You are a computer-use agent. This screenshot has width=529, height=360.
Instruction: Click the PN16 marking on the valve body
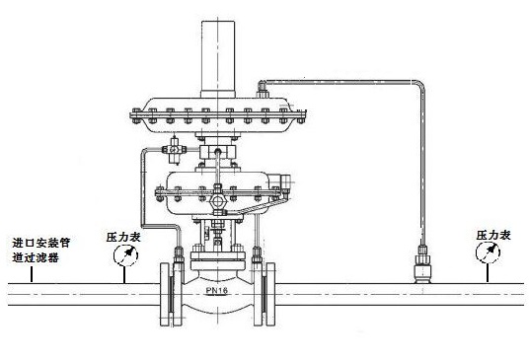click(217, 290)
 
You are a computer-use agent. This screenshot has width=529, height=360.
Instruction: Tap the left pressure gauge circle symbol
click(125, 254)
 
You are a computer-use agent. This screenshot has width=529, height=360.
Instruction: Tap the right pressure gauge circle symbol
click(488, 252)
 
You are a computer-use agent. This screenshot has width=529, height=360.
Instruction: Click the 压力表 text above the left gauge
click(123, 237)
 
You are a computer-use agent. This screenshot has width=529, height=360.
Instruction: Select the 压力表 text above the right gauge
click(493, 235)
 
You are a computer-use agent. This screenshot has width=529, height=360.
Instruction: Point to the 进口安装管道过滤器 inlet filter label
click(40, 251)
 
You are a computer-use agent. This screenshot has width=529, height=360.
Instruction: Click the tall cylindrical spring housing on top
click(218, 59)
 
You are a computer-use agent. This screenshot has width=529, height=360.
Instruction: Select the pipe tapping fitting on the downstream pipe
click(423, 264)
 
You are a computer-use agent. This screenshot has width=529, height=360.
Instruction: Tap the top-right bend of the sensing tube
click(419, 84)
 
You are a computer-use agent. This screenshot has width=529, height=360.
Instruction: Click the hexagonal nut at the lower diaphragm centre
click(217, 201)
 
